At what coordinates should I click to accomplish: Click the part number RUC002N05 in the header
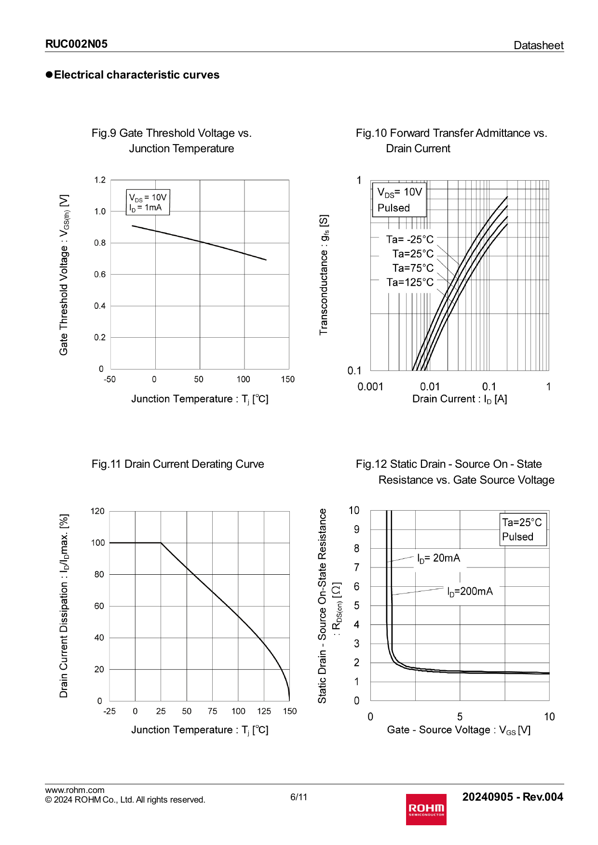pyautogui.click(x=76, y=44)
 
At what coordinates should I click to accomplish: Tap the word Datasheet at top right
pyautogui.click(x=538, y=45)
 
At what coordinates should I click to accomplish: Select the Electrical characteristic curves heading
pyautogui.click(x=136, y=75)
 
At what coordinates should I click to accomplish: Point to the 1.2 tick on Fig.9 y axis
pyautogui.click(x=100, y=180)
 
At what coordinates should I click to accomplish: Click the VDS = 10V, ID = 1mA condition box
pyautogui.click(x=148, y=202)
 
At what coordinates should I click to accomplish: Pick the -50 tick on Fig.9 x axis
pyautogui.click(x=109, y=379)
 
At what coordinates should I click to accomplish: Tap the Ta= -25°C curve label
pyautogui.click(x=410, y=239)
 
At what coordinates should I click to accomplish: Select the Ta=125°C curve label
pyautogui.click(x=410, y=282)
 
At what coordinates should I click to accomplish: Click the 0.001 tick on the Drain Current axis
pyautogui.click(x=370, y=386)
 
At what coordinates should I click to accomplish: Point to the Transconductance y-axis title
pyautogui.click(x=324, y=275)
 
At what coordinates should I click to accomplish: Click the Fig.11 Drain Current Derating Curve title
pyautogui.click(x=178, y=464)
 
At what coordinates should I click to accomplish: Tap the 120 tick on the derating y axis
pyautogui.click(x=97, y=511)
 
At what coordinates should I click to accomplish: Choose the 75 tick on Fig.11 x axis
pyautogui.click(x=212, y=711)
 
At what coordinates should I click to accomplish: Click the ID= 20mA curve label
pyautogui.click(x=438, y=558)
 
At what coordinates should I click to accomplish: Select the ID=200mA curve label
pyautogui.click(x=470, y=591)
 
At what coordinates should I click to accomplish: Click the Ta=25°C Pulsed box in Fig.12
pyautogui.click(x=523, y=529)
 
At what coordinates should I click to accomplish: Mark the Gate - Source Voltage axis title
pyautogui.click(x=459, y=730)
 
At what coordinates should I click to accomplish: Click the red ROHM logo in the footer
pyautogui.click(x=426, y=809)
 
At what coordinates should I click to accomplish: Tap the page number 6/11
pyautogui.click(x=299, y=797)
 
